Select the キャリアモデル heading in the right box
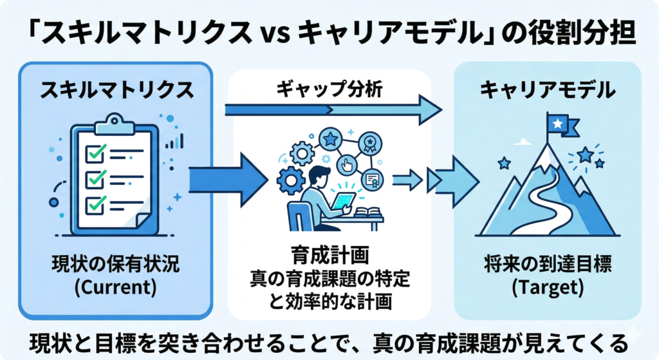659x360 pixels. point(546,90)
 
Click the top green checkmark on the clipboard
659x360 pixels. point(96,153)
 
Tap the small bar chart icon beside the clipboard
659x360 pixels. point(175,140)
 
